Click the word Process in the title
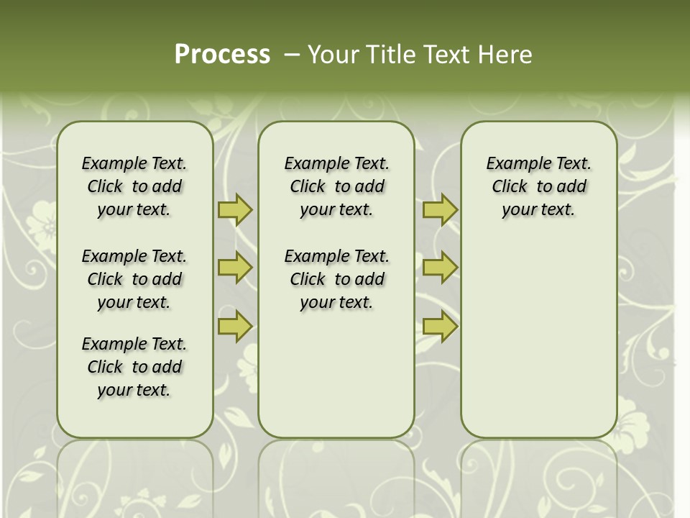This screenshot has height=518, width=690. point(222,55)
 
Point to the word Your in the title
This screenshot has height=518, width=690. point(331,55)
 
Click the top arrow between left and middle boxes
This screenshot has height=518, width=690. point(235,210)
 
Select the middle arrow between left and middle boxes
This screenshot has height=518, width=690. point(235,268)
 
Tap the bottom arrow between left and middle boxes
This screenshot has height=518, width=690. point(235,326)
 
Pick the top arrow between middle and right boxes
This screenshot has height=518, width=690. point(440,210)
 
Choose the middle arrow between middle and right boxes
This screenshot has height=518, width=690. point(440,268)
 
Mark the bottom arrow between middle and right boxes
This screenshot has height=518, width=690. point(440,326)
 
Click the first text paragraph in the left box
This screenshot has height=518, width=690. point(134,186)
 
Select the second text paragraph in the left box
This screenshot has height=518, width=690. point(134,279)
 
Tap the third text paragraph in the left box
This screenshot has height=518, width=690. point(134,367)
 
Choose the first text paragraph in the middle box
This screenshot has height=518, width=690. point(336,186)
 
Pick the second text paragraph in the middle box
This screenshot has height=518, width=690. point(336,279)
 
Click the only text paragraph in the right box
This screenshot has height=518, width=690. point(538,186)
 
